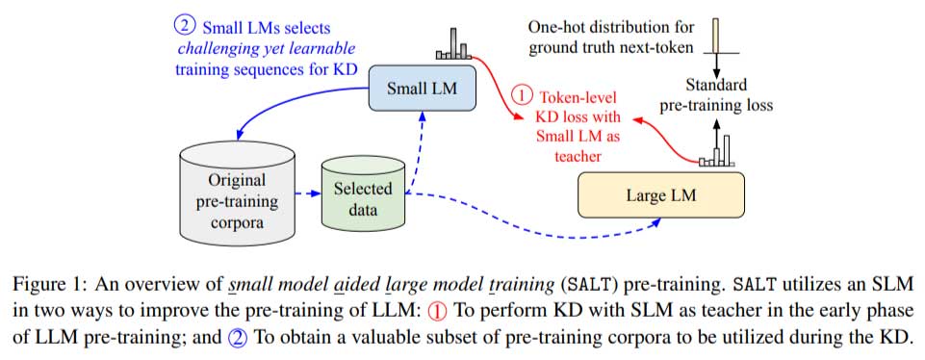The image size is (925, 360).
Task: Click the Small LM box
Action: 421,90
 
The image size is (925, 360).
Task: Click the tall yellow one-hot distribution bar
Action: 716,37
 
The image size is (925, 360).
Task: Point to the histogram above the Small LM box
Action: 451,45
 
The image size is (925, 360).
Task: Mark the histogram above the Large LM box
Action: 717,152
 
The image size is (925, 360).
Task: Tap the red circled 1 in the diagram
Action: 520,95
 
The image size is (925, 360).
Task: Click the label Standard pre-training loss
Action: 716,95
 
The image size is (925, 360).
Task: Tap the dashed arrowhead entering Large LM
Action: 656,222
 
